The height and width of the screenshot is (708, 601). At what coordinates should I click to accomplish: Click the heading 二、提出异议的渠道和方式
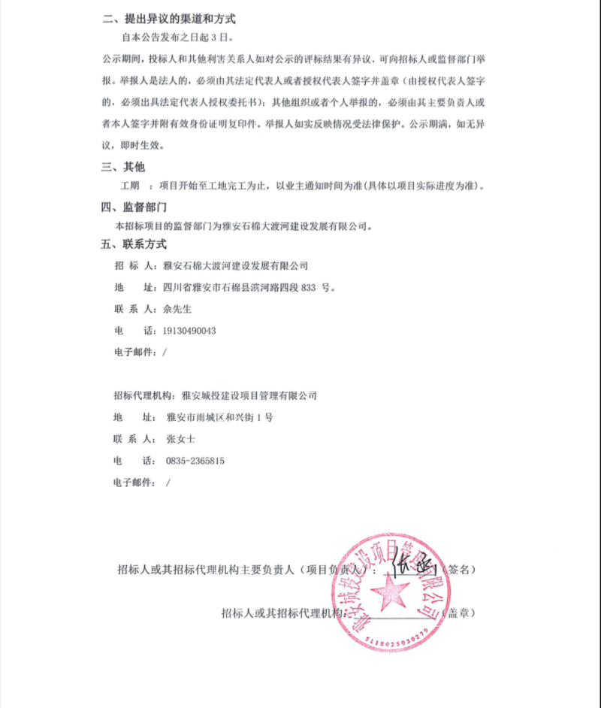[x=174, y=19]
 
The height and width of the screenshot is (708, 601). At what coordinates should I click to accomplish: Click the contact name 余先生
[x=178, y=309]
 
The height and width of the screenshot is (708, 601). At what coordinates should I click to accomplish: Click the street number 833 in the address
[x=309, y=287]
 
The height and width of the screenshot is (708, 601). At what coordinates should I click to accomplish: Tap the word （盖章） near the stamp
[x=458, y=613]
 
